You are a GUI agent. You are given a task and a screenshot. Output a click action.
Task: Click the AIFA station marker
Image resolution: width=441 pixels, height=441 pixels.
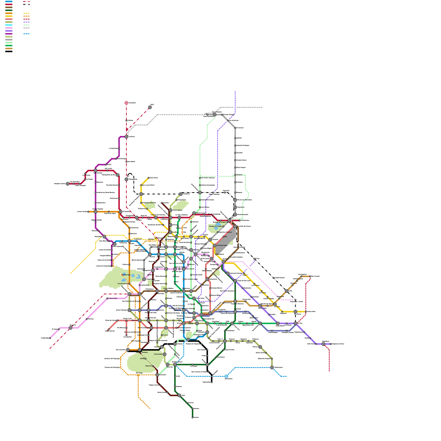(150, 107)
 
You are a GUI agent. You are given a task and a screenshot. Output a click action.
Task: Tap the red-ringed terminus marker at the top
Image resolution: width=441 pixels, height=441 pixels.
(127, 103)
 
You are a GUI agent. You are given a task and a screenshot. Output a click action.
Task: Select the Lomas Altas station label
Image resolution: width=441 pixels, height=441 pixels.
(113, 298)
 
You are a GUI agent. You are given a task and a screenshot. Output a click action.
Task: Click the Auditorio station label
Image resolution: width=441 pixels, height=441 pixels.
(125, 275)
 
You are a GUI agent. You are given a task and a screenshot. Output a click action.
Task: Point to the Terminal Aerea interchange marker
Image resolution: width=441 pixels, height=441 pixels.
(214, 245)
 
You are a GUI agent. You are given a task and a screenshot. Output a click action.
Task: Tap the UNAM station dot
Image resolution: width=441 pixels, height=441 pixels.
(145, 359)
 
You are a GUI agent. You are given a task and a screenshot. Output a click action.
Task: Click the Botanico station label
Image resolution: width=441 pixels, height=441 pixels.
(148, 366)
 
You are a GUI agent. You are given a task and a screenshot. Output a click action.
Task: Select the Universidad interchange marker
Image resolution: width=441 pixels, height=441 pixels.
(165, 354)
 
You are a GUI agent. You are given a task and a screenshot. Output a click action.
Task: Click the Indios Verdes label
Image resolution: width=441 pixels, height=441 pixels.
(177, 210)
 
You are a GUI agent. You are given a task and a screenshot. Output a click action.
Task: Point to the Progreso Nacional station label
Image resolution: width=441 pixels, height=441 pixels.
(149, 203)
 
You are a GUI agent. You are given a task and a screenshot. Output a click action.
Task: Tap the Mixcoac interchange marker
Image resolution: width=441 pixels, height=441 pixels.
(140, 321)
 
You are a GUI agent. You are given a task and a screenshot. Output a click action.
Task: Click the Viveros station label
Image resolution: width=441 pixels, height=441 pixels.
(165, 335)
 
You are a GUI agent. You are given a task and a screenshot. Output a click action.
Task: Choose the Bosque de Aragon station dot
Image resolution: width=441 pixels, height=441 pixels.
(223, 226)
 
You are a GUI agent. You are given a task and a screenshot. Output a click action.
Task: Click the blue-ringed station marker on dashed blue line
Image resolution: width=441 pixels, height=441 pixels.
(226, 376)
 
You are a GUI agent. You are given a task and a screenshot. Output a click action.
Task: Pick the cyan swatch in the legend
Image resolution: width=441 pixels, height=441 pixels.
(9, 25)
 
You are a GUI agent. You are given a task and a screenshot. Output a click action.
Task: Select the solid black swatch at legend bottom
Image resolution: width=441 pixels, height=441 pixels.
(9, 52)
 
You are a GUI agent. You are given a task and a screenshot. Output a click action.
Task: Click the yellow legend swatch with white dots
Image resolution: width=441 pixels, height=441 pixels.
(26, 13)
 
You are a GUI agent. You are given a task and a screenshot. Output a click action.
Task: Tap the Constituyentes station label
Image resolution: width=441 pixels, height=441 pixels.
(122, 284)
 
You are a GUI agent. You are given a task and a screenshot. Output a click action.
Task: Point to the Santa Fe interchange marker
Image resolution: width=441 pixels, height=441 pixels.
(71, 328)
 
